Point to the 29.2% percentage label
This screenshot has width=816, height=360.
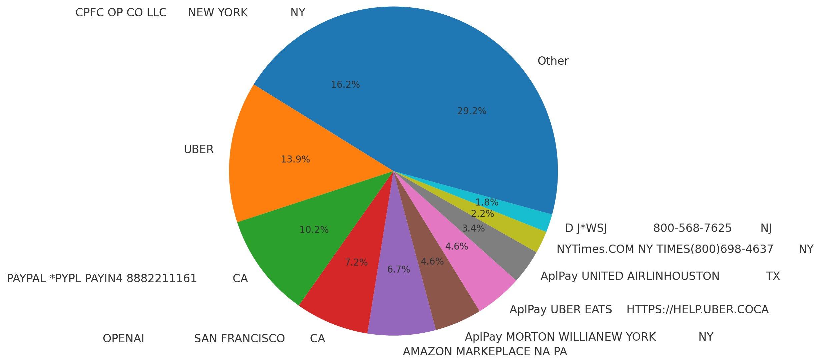(x=472, y=111)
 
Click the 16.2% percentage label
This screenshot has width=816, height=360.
(x=345, y=85)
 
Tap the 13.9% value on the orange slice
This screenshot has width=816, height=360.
(x=295, y=159)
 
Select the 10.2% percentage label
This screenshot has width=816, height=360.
(x=314, y=230)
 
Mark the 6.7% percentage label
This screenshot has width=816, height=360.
(x=398, y=270)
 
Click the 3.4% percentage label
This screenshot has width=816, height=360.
(x=473, y=229)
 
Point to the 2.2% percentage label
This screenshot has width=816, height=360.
(x=482, y=214)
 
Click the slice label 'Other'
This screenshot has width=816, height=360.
(x=553, y=61)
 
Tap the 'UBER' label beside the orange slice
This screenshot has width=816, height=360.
(x=198, y=149)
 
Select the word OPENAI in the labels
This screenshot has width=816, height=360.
(x=123, y=339)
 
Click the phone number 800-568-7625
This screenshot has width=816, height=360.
(x=692, y=228)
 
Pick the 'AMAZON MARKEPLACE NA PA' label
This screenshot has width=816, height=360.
(x=485, y=352)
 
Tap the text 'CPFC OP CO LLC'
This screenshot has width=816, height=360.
(x=121, y=13)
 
